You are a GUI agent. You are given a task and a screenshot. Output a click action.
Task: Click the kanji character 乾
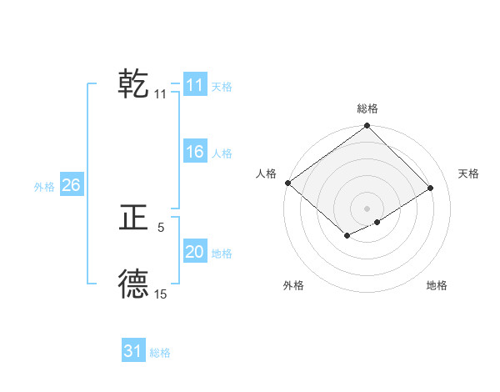pos(134,84)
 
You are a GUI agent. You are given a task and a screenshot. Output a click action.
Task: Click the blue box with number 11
pos(194,85)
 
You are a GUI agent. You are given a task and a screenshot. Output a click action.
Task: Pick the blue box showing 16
pos(194,152)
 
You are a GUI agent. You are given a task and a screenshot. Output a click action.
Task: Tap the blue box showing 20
pos(194,252)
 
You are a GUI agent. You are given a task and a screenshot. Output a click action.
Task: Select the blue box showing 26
pos(71,185)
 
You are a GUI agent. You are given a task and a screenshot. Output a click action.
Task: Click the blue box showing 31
pos(133,351)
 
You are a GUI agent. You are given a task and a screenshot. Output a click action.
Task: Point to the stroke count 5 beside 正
pos(161,227)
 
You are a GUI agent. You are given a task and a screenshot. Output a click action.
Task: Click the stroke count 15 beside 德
pos(161,294)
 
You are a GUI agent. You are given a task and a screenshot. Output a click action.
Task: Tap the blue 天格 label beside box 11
pos(222,87)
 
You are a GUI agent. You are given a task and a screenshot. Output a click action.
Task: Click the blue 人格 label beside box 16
pos(222,153)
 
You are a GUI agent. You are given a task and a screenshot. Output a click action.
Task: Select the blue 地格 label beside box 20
pos(222,254)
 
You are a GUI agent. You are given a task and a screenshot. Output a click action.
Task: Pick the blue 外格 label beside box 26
pos(44,187)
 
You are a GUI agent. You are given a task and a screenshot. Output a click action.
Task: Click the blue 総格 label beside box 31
pos(160,353)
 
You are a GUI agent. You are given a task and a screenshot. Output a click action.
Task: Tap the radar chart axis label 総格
pos(367,108)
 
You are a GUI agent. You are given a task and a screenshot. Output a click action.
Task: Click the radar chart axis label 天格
pos(468,173)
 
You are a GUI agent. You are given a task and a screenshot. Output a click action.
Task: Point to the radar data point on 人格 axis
pos(287,183)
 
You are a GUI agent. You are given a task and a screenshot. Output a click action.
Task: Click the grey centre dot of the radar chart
pos(367,208)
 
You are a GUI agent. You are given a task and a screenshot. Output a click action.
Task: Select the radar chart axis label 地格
pos(437,285)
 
